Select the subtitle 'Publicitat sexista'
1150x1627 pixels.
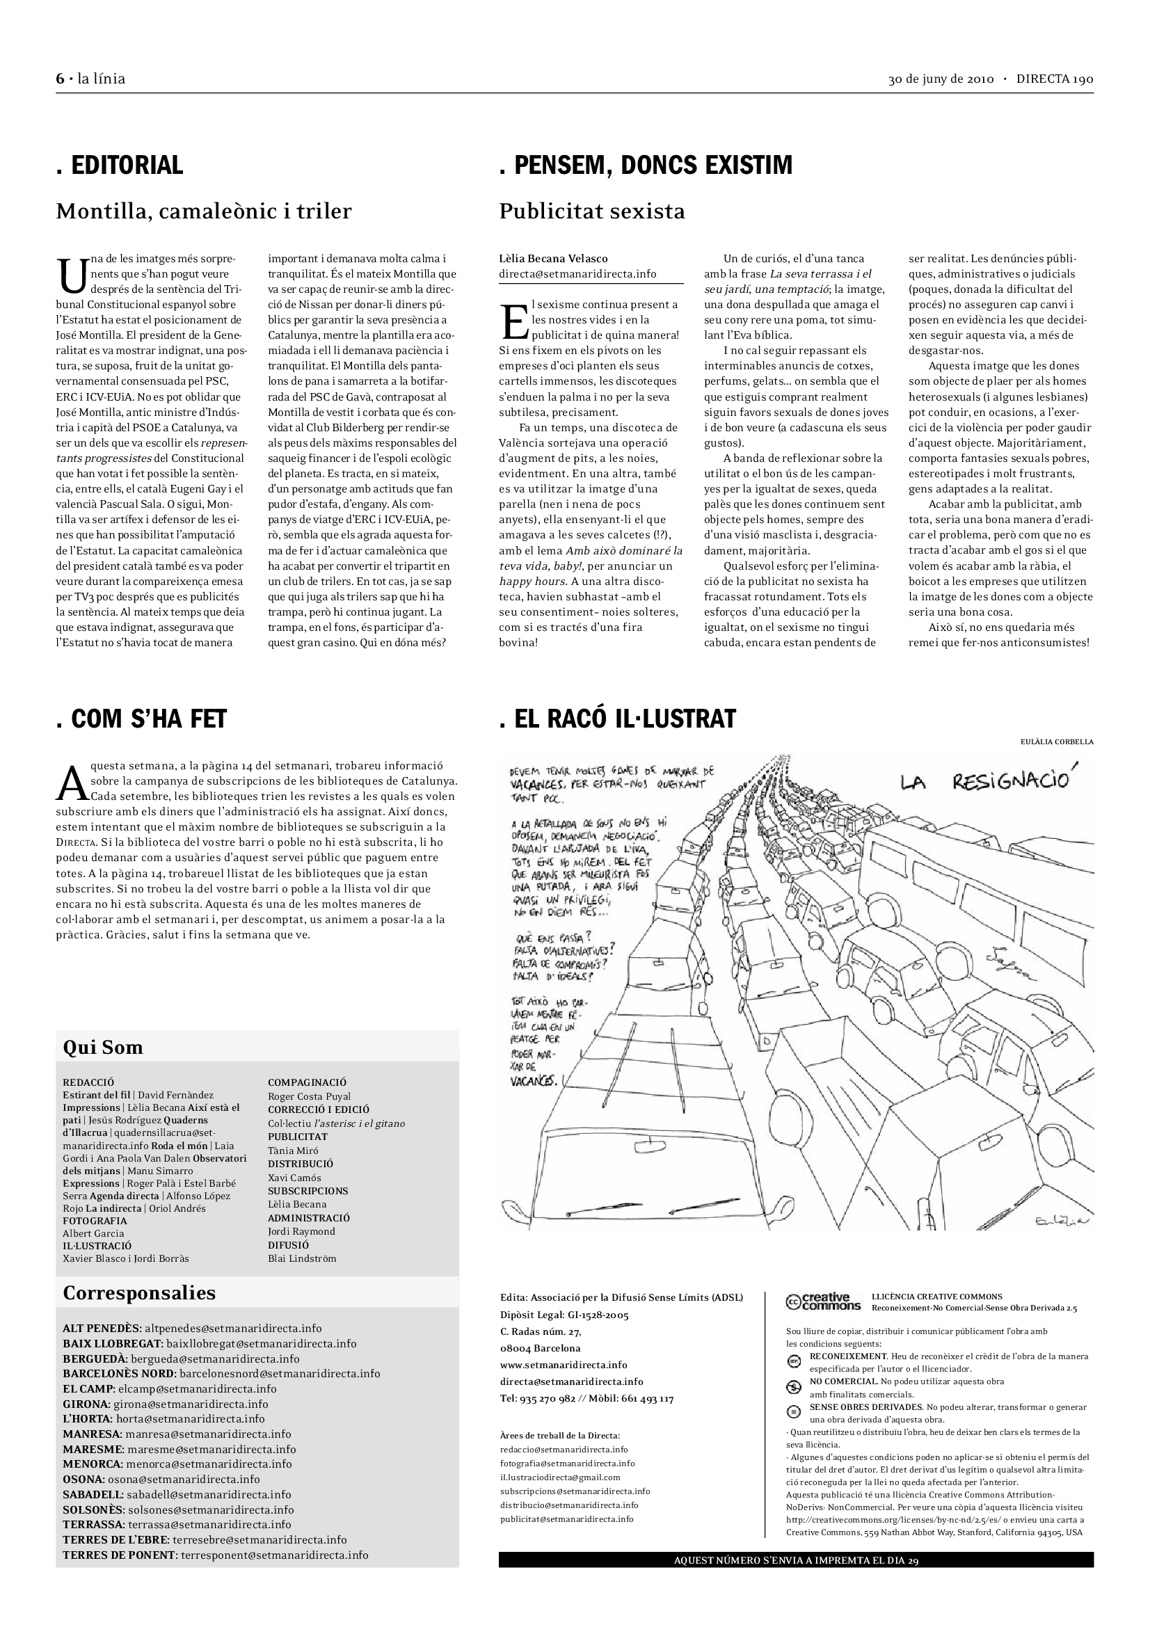(591, 211)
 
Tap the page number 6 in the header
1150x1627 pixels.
(61, 79)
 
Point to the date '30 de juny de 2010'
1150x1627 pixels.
(941, 79)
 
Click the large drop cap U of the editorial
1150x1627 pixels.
(70, 275)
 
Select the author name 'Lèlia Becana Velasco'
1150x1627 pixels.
(553, 259)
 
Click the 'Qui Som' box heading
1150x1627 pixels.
(103, 1048)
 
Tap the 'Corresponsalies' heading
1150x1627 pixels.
(139, 1292)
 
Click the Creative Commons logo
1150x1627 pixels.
(823, 1301)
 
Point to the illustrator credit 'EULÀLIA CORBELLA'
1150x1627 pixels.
(1057, 742)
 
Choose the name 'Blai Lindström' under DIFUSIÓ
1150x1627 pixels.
(302, 1258)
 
